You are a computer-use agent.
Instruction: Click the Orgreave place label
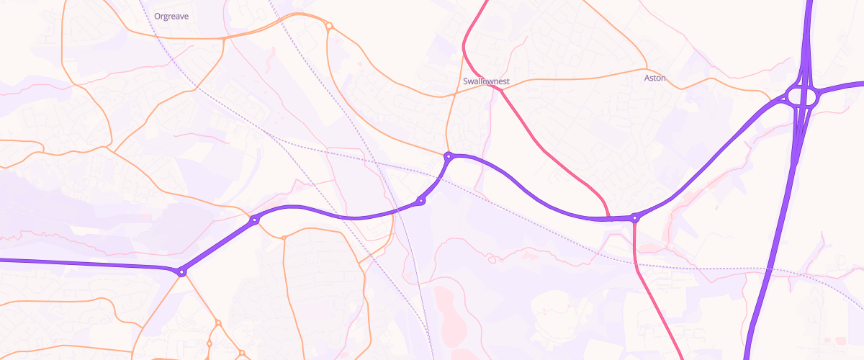171,16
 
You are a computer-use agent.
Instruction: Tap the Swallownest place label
487,81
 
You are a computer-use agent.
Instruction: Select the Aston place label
655,78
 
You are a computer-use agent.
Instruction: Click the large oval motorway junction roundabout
801,96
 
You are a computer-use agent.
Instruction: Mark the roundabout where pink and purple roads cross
634,217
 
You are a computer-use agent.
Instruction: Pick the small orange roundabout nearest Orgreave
329,27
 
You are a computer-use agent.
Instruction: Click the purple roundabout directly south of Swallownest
449,156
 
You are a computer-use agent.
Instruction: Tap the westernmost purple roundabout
182,271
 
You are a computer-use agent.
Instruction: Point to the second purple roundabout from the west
254,220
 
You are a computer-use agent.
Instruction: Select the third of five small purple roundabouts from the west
421,201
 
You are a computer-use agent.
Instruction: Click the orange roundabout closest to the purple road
284,237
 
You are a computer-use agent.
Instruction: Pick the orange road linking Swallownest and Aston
576,78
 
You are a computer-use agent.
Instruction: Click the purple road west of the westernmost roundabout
86,264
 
